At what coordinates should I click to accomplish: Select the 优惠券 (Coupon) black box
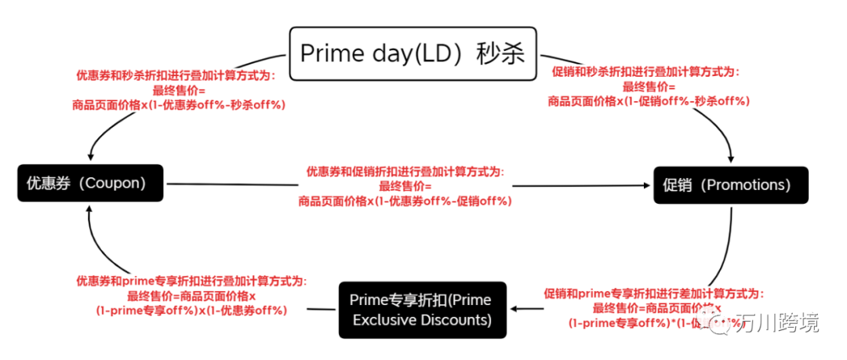[x=89, y=184]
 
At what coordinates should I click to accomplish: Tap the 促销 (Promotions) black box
[x=730, y=186]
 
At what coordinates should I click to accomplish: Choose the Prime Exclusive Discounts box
[x=422, y=310]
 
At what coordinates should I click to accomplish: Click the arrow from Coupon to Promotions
[x=408, y=186]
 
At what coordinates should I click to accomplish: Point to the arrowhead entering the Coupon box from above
[x=93, y=157]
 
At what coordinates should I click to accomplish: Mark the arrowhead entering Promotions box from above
[x=732, y=159]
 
